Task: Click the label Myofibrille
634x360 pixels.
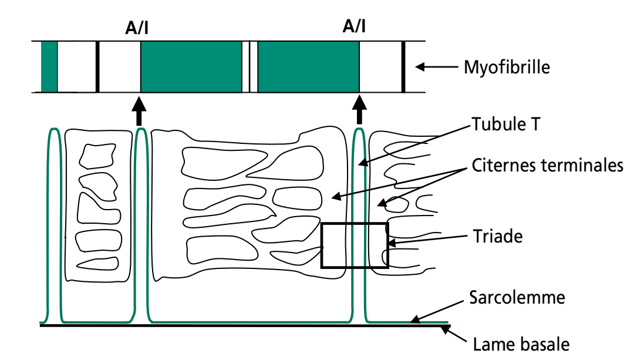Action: point(507,67)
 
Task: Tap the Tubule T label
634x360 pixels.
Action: point(503,125)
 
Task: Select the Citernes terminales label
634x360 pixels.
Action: point(547,165)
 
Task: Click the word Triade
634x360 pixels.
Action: point(497,237)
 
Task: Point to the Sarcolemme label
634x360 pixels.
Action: point(517,297)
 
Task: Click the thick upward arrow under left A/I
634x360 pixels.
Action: point(139,111)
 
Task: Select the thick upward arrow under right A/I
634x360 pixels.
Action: point(359,111)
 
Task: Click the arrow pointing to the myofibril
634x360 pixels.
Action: point(434,67)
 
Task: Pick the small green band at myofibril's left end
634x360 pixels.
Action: point(49,67)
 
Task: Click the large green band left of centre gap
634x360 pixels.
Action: point(191,67)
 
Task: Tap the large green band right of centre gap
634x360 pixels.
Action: point(308,67)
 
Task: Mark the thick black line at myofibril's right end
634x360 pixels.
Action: point(403,67)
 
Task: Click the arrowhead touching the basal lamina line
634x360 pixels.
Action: point(447,331)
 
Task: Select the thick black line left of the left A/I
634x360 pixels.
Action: point(97,67)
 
